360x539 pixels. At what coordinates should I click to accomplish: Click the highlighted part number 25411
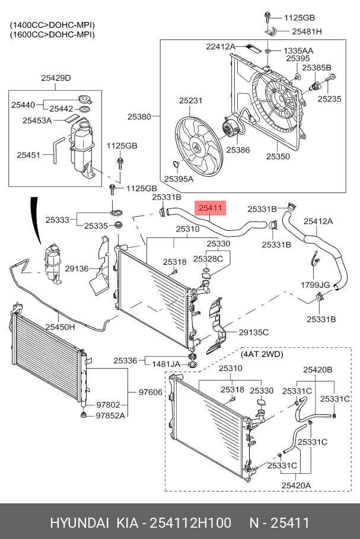pyautogui.click(x=210, y=208)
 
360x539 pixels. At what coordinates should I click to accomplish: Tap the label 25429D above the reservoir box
pyautogui.click(x=56, y=78)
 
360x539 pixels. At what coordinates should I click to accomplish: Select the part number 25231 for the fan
pyautogui.click(x=190, y=100)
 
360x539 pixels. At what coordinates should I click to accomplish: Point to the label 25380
pyautogui.click(x=139, y=116)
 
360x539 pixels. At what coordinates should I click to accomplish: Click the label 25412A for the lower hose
pyautogui.click(x=318, y=221)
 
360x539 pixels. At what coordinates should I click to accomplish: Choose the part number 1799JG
pyautogui.click(x=316, y=285)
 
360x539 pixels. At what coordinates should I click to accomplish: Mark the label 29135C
pyautogui.click(x=254, y=332)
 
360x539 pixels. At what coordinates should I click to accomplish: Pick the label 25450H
pyautogui.click(x=60, y=326)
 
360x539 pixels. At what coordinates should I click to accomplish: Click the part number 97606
pyautogui.click(x=151, y=392)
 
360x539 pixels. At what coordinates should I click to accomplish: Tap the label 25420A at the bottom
pyautogui.click(x=296, y=486)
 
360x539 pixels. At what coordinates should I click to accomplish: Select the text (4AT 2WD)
pyautogui.click(x=262, y=354)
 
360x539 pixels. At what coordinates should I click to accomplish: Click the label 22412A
pyautogui.click(x=221, y=46)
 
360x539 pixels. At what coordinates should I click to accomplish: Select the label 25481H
pyautogui.click(x=307, y=31)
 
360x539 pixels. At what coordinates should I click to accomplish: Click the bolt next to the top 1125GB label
pyautogui.click(x=267, y=17)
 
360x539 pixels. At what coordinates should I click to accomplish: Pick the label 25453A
pyautogui.click(x=37, y=121)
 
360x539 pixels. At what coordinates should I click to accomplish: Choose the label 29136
pyautogui.click(x=77, y=268)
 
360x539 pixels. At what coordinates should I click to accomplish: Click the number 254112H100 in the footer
pyautogui.click(x=191, y=523)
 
